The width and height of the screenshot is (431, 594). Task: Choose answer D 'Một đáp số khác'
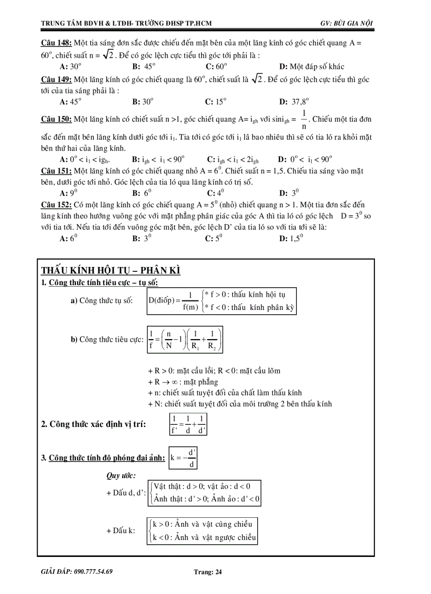(x=312, y=66)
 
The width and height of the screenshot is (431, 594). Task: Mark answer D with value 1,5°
(x=290, y=239)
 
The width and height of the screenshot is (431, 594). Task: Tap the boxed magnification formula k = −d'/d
(x=183, y=458)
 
